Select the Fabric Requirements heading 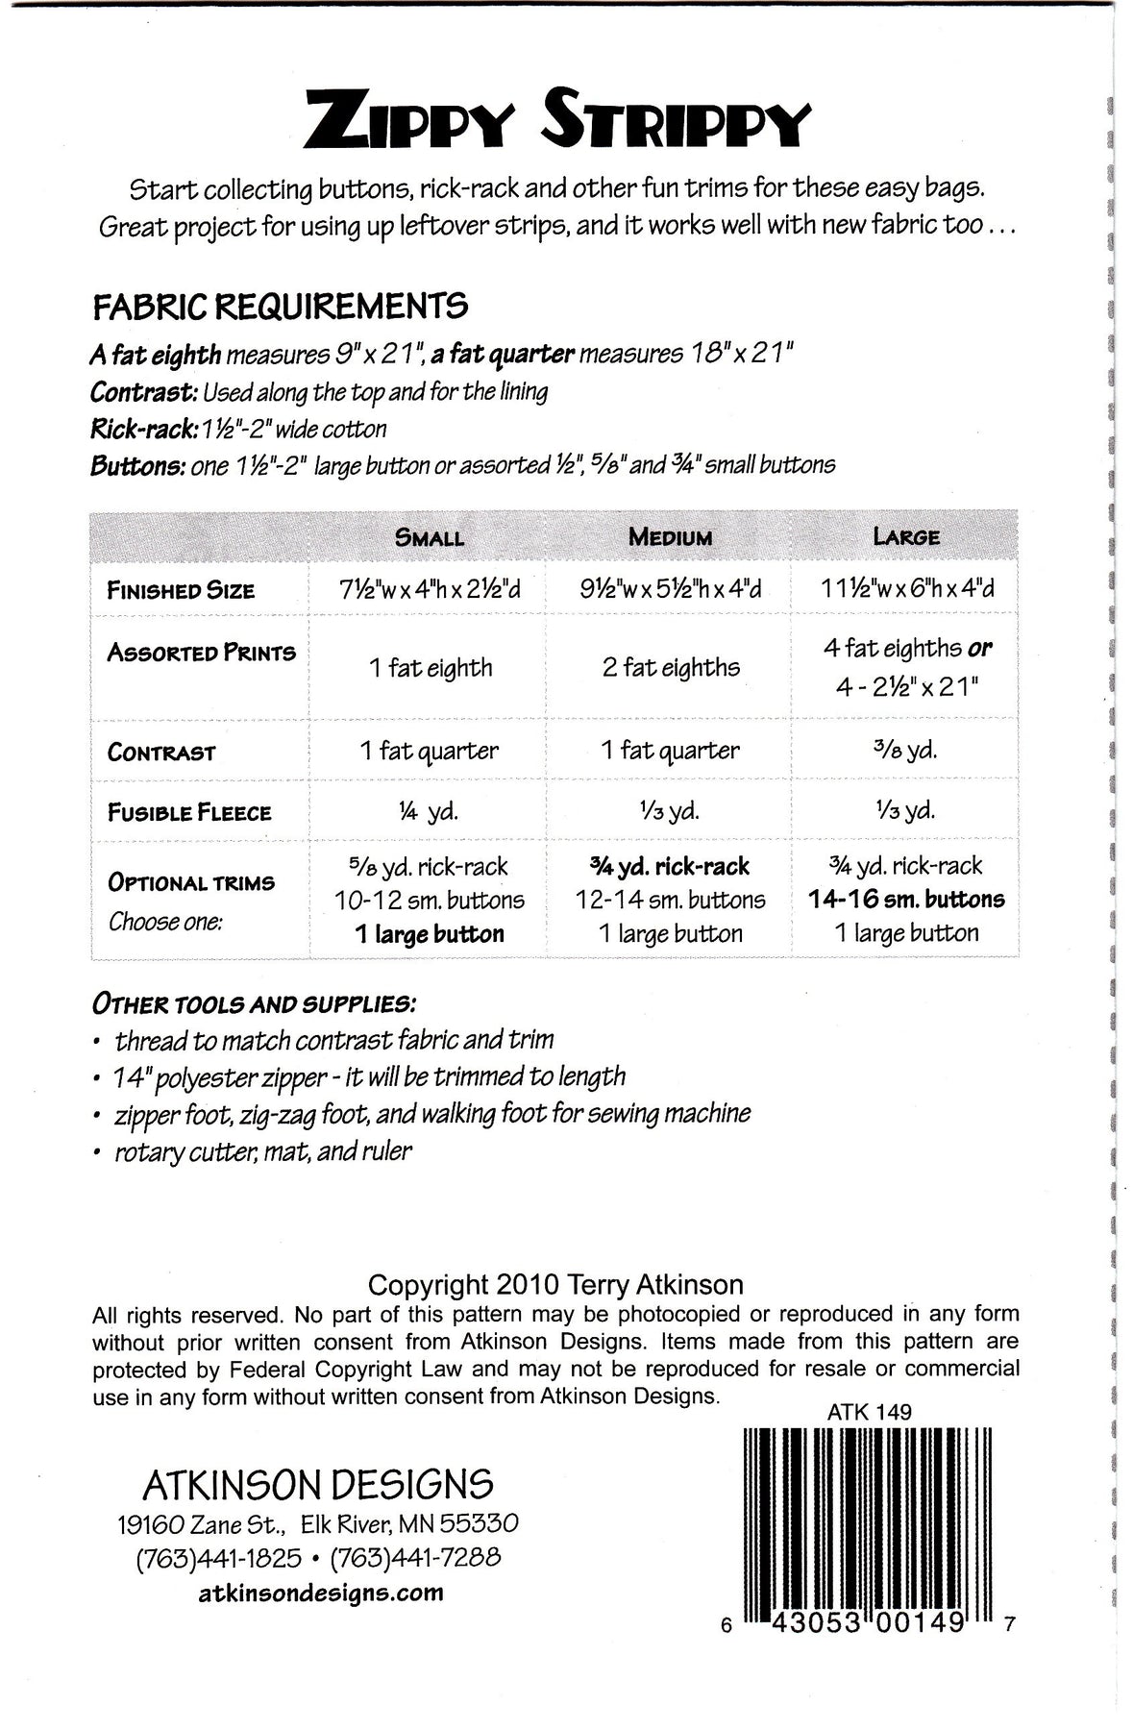(281, 307)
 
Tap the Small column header (430, 537)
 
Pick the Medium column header (670, 537)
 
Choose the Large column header (906, 536)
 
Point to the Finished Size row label (181, 590)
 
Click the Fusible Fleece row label (189, 812)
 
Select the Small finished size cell (430, 589)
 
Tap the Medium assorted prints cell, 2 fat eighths (671, 667)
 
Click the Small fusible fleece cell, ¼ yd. (429, 811)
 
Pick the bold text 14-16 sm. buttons (906, 900)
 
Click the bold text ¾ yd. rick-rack (670, 866)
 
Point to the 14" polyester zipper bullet (370, 1076)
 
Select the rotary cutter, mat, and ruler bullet (262, 1150)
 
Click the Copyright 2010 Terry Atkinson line (555, 1285)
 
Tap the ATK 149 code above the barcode (869, 1413)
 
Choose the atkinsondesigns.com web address (321, 1593)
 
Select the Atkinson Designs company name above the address (318, 1485)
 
